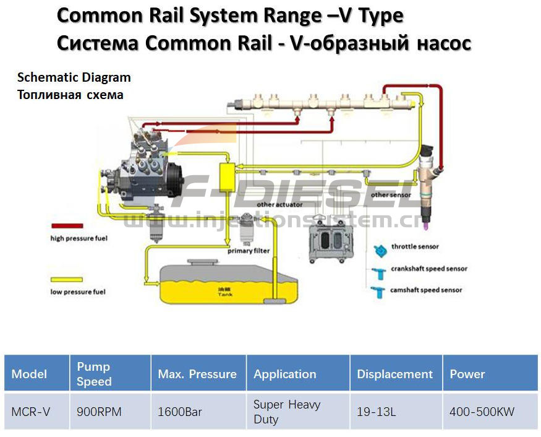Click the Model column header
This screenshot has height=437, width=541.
tap(30, 374)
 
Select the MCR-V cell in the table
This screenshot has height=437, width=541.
tap(31, 412)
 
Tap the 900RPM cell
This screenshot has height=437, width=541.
tap(96, 412)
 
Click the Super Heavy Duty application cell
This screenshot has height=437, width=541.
tap(287, 412)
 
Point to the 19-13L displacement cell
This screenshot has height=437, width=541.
tap(377, 412)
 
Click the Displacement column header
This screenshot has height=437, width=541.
tap(394, 374)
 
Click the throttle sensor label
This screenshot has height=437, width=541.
tap(415, 247)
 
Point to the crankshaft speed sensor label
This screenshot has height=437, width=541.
tap(428, 269)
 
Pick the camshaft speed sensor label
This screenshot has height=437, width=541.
tap(426, 290)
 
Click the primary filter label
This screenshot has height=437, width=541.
tap(249, 251)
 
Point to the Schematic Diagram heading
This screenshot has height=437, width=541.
tap(74, 77)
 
